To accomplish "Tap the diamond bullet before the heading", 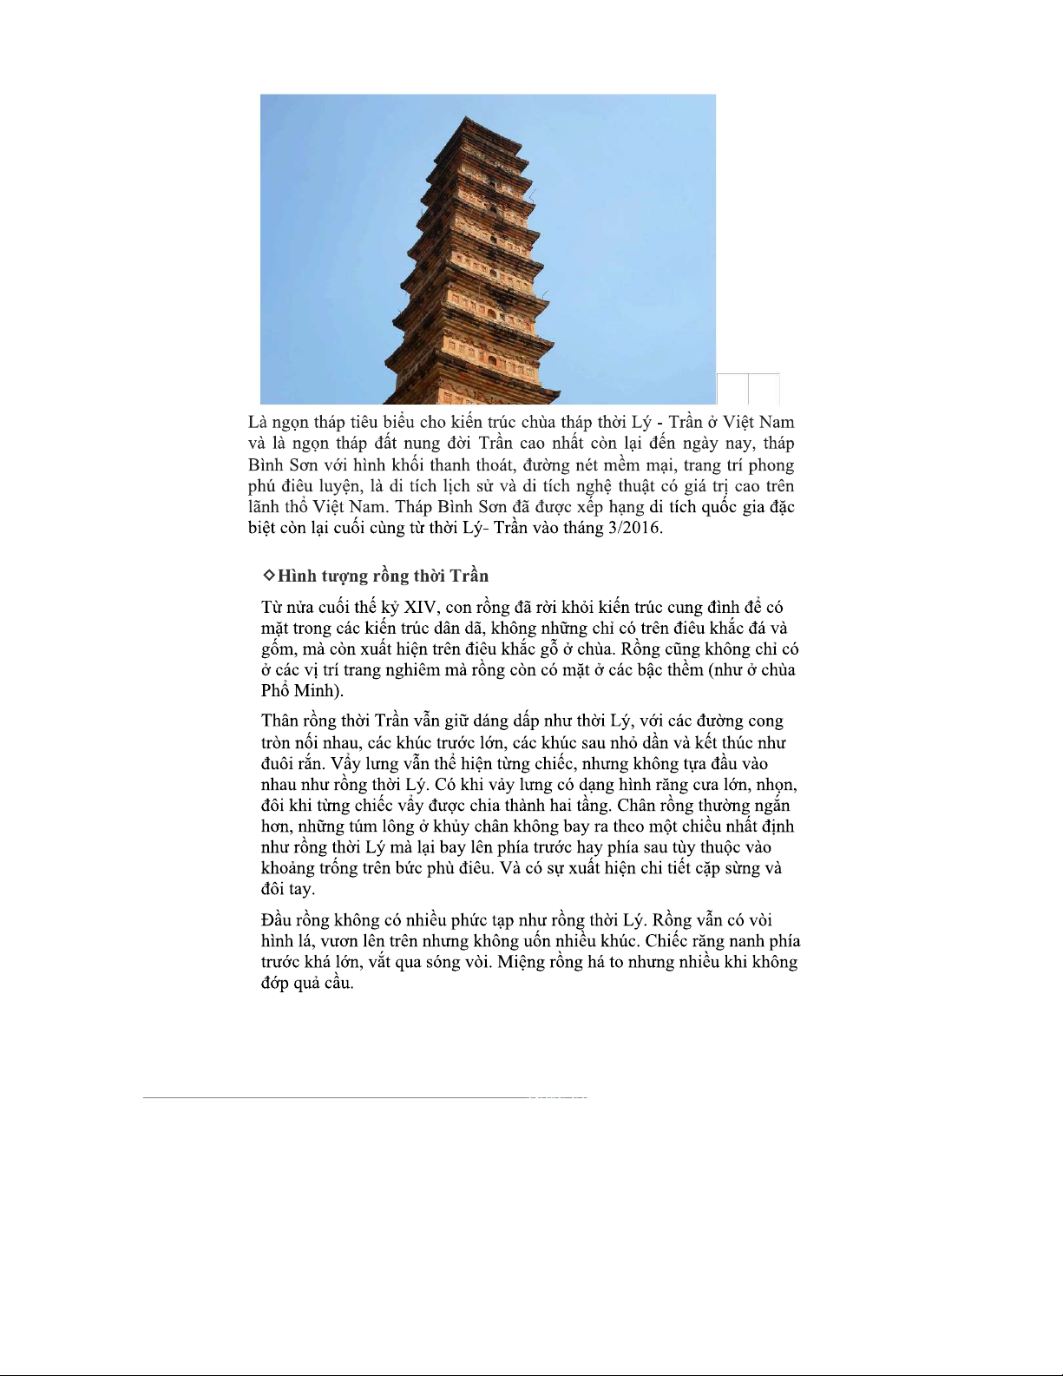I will coord(268,576).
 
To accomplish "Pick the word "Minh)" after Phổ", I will coord(319,692).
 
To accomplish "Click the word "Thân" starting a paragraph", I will coord(283,721).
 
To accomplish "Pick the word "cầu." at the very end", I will coord(338,984).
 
